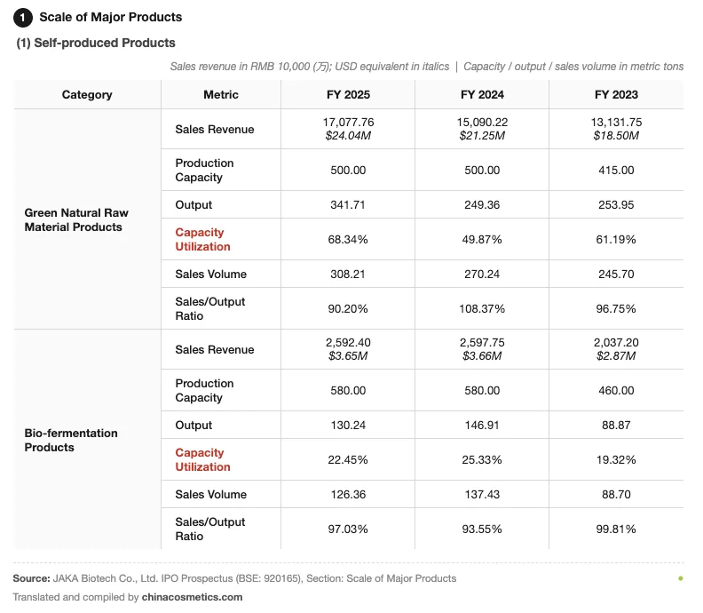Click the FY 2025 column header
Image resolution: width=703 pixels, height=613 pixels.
pos(348,95)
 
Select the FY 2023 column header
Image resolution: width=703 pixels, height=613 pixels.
pos(616,95)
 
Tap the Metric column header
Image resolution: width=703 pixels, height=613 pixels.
pos(221,95)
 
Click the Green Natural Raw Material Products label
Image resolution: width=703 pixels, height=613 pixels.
pos(76,219)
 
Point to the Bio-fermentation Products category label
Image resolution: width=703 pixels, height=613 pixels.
pos(71,440)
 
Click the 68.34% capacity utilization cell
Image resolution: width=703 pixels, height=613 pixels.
pos(347,239)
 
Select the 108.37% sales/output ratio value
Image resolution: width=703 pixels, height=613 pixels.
pos(482,309)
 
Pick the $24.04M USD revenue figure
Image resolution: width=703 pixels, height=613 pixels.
pos(348,136)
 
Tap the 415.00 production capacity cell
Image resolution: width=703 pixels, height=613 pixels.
pos(616,170)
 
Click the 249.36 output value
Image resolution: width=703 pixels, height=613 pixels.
pos(482,204)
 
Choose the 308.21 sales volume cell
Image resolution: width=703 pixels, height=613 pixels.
pos(347,274)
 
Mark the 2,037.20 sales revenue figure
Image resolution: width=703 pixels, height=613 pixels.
pos(616,342)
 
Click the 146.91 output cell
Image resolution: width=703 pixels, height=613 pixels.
pos(482,425)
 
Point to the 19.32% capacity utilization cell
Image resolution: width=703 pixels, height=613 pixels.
pos(616,459)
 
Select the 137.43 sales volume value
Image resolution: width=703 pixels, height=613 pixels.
pos(482,494)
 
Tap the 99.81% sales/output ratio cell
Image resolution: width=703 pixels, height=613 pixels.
pos(616,529)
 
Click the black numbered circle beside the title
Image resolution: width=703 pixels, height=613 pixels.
pos(23,18)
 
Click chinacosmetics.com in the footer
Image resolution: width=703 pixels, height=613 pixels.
pos(192,597)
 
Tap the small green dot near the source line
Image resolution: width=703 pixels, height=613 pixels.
pos(681,578)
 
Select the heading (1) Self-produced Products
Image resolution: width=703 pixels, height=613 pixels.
pos(96,43)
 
